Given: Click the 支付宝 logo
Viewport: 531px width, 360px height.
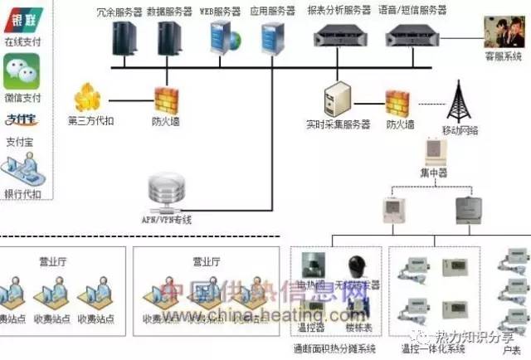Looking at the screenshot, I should click(20, 119).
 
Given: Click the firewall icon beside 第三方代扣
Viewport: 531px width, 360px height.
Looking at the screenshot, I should click(166, 101).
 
